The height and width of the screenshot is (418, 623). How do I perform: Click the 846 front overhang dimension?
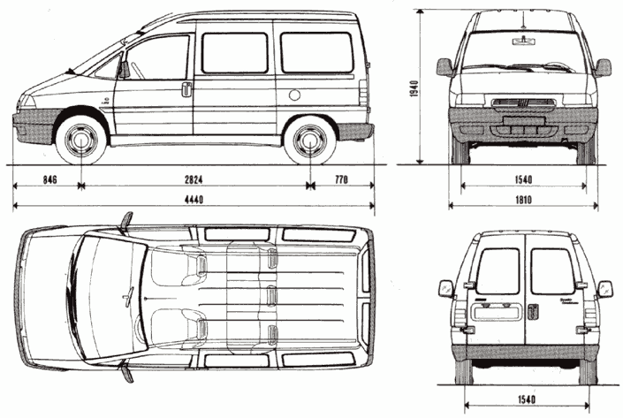pyautogui.click(x=49, y=179)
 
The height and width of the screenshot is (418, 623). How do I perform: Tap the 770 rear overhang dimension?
pyautogui.click(x=342, y=179)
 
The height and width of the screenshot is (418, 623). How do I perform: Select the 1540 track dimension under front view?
pyautogui.click(x=523, y=179)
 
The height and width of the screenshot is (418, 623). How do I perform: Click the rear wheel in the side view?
pyautogui.click(x=310, y=141)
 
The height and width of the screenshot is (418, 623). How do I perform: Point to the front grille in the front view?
pyautogui.click(x=523, y=103)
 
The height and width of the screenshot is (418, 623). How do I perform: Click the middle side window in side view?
pyautogui.click(x=234, y=53)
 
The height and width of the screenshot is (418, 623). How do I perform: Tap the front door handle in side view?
pyautogui.click(x=186, y=88)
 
